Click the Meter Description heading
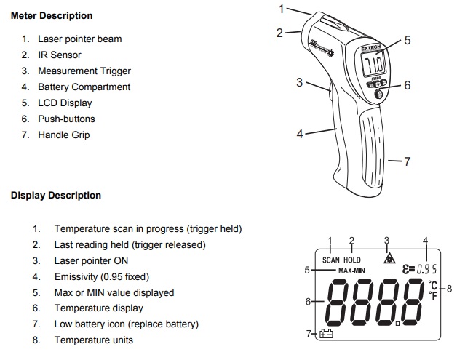52,15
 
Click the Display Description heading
56,195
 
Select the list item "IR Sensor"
59,55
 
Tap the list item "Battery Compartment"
84,87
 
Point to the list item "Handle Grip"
63,135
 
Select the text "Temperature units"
94,340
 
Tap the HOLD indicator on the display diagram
352,260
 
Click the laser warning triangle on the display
387,257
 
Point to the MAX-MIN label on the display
351,271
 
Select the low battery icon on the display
325,335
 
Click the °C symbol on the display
434,285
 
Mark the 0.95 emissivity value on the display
426,259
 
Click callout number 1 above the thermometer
283,9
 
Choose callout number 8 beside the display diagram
449,288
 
